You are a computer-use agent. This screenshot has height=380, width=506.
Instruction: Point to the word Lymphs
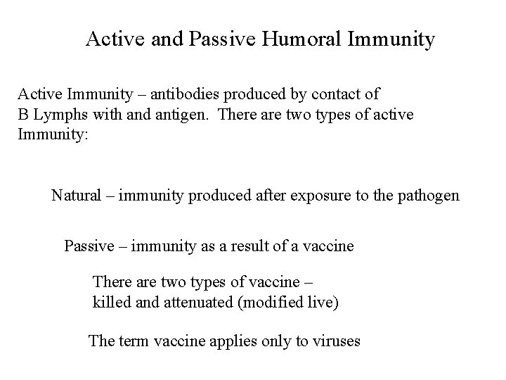click(58, 115)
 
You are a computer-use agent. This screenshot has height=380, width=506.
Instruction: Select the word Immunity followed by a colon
click(53, 134)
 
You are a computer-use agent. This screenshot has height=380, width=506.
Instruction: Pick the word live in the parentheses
click(322, 303)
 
